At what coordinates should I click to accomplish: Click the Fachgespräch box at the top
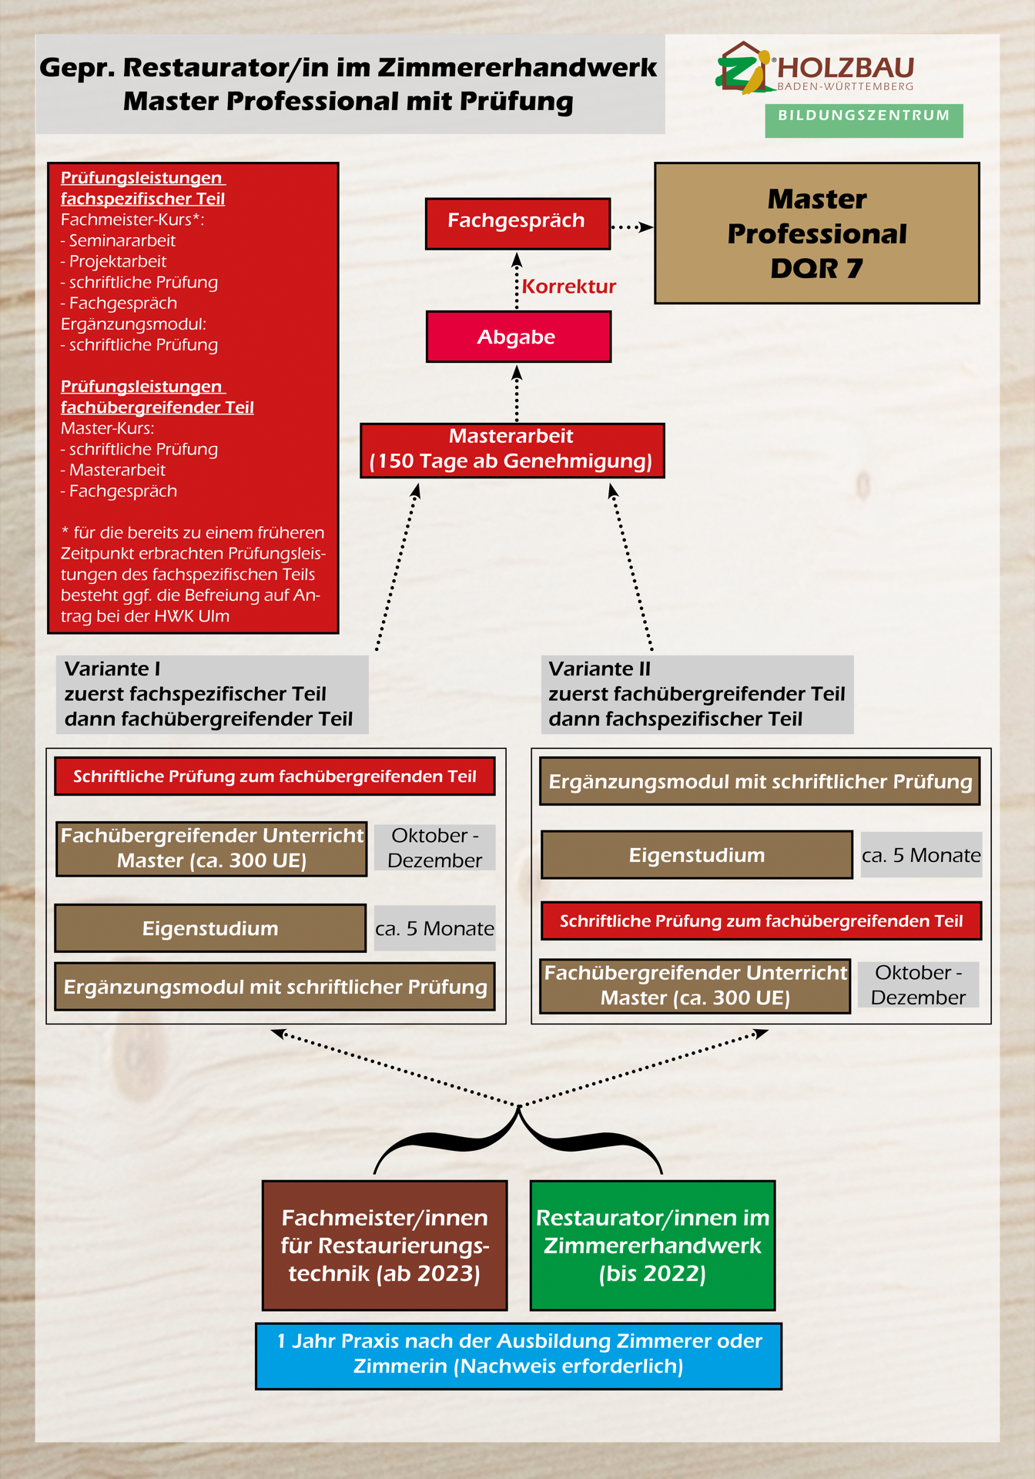517,223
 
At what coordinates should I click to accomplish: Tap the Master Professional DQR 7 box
816,233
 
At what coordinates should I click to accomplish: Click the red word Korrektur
569,287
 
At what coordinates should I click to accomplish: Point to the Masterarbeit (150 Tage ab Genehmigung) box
512,450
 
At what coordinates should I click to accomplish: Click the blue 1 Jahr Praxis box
518,1356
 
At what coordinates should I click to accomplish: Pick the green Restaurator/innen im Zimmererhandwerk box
652,1246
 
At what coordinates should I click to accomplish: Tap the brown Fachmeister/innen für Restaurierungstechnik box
384,1246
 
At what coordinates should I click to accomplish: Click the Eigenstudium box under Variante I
210,928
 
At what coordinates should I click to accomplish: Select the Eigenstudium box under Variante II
697,855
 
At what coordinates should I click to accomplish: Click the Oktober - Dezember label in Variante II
918,985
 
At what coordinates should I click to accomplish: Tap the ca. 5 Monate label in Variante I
434,928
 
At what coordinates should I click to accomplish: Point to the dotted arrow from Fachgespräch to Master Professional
631,227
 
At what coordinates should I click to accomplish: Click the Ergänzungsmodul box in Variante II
760,782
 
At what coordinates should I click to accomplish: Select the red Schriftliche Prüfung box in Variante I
274,776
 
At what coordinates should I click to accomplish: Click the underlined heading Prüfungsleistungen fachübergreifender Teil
157,397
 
